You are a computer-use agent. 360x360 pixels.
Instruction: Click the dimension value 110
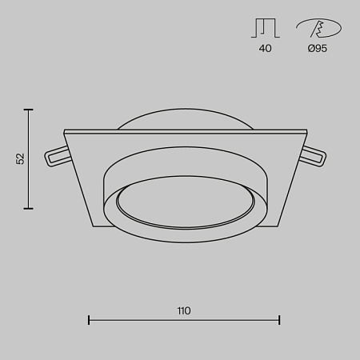point(184,310)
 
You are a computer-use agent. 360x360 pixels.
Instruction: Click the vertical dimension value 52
point(21,158)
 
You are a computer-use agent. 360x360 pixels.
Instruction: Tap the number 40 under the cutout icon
point(265,49)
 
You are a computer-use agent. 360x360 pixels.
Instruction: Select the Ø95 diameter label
point(317,49)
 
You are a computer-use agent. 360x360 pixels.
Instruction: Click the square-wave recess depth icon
point(265,29)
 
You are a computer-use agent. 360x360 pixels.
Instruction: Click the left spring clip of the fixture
point(57,155)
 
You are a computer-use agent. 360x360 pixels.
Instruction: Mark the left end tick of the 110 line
point(88,321)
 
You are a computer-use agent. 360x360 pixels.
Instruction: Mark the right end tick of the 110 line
point(279,321)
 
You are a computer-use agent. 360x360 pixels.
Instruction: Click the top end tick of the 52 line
point(30,110)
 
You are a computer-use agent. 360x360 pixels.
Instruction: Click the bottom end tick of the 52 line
point(30,208)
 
